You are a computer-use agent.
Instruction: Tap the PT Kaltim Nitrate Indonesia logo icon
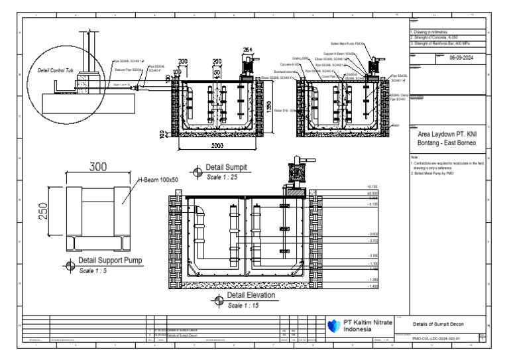335,325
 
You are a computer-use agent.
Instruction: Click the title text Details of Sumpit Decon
438,324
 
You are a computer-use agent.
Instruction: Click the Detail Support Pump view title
110,261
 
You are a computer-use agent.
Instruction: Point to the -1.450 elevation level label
374,286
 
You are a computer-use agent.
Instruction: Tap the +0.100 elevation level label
372,187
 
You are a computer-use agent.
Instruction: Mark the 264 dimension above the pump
248,49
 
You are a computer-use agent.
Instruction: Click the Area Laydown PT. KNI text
449,135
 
